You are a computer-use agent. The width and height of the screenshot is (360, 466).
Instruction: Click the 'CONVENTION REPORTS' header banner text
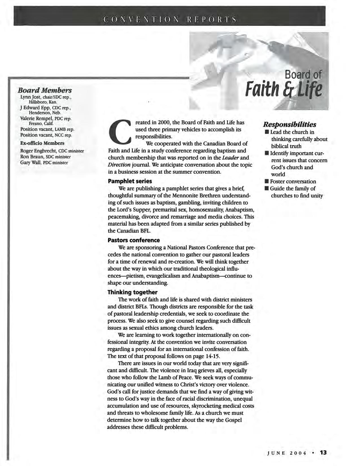click(x=170, y=19)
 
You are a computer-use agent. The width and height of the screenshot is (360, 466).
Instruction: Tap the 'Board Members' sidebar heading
click(x=45, y=90)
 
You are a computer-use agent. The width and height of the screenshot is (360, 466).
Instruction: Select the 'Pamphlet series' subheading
click(x=130, y=181)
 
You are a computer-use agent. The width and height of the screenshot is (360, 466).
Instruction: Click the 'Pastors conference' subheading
click(x=134, y=240)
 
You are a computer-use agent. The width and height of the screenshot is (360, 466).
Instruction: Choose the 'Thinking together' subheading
click(x=132, y=292)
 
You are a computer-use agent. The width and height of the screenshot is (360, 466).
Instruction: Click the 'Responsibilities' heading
click(x=289, y=125)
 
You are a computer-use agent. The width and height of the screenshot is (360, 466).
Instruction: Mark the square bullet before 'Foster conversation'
click(x=267, y=181)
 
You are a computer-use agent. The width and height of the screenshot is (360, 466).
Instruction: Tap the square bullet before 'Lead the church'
click(x=267, y=132)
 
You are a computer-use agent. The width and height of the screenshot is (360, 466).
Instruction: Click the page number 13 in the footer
click(x=323, y=452)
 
